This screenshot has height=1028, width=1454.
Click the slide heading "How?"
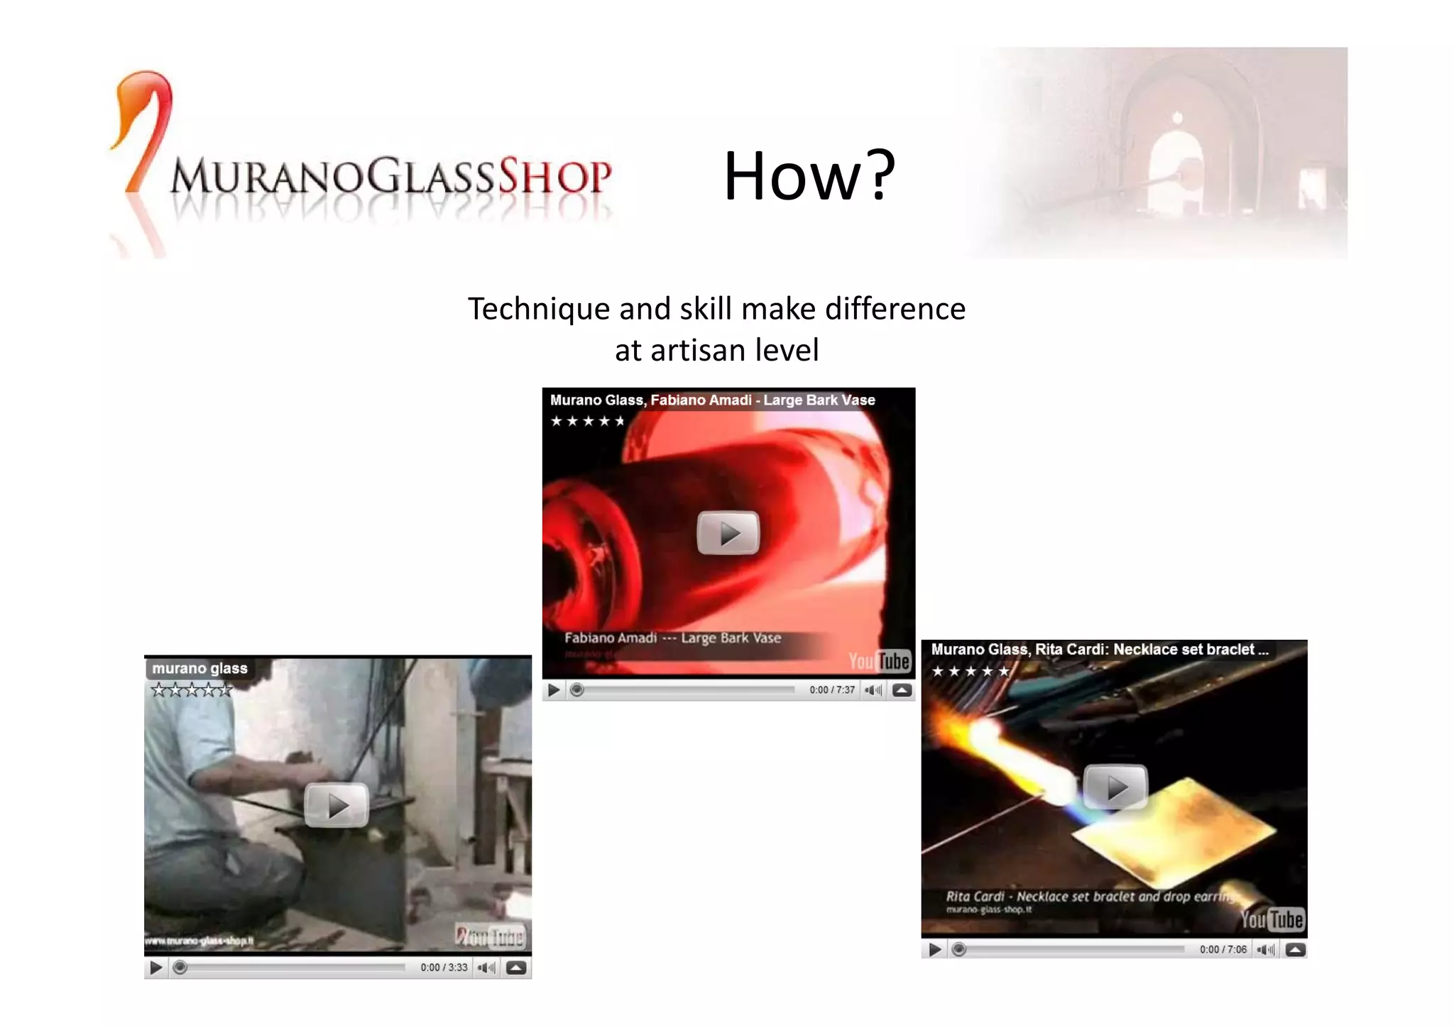tap(809, 175)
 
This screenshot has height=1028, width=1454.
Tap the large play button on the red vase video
tap(728, 532)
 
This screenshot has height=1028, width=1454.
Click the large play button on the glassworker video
tap(337, 805)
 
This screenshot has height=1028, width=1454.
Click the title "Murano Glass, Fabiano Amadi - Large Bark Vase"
tap(712, 400)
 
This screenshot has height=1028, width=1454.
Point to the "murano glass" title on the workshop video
tap(199, 668)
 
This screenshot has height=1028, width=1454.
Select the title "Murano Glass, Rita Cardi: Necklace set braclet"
tap(1098, 649)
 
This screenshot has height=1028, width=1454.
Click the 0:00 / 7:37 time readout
tap(832, 690)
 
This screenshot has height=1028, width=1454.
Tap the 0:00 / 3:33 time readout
tap(444, 967)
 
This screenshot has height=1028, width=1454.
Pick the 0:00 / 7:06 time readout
tap(1223, 949)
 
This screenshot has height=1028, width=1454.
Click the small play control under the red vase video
tap(554, 690)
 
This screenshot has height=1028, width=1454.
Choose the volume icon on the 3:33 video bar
tap(486, 967)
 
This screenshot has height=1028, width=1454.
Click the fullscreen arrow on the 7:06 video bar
tap(1295, 949)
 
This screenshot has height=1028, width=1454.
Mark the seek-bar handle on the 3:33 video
tap(180, 967)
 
